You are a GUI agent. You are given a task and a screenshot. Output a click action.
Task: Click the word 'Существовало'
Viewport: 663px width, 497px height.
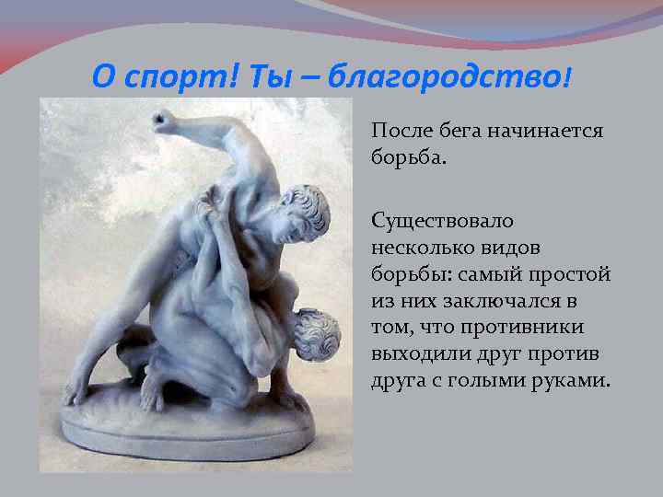point(444,222)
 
